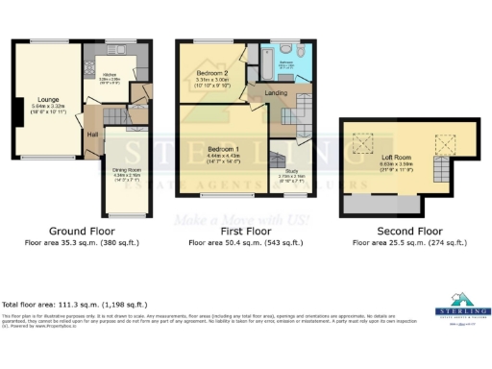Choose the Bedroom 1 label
pyautogui.click(x=222, y=150)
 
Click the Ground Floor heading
pyautogui.click(x=78, y=232)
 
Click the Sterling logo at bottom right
pyautogui.click(x=465, y=306)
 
